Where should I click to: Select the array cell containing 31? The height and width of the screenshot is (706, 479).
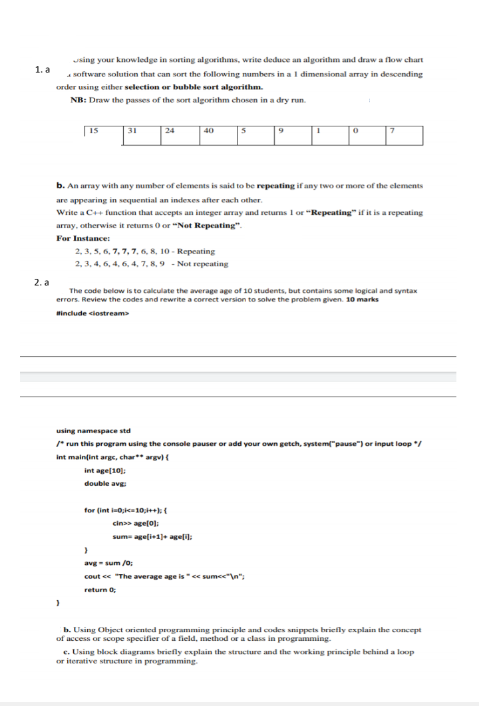pyautogui.click(x=142, y=136)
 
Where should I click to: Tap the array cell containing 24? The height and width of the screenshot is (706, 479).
pyautogui.click(x=180, y=136)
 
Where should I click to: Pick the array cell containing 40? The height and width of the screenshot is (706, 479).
pyautogui.click(x=218, y=136)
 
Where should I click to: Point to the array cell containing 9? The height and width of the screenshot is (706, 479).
pyautogui.click(x=293, y=136)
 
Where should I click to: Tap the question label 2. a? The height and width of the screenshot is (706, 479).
pyautogui.click(x=42, y=282)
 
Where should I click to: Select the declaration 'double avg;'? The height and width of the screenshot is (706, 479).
pyautogui.click(x=102, y=483)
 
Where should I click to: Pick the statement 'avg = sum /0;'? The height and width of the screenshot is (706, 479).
pyautogui.click(x=110, y=563)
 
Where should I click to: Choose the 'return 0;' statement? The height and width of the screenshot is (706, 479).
pyautogui.click(x=100, y=590)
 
